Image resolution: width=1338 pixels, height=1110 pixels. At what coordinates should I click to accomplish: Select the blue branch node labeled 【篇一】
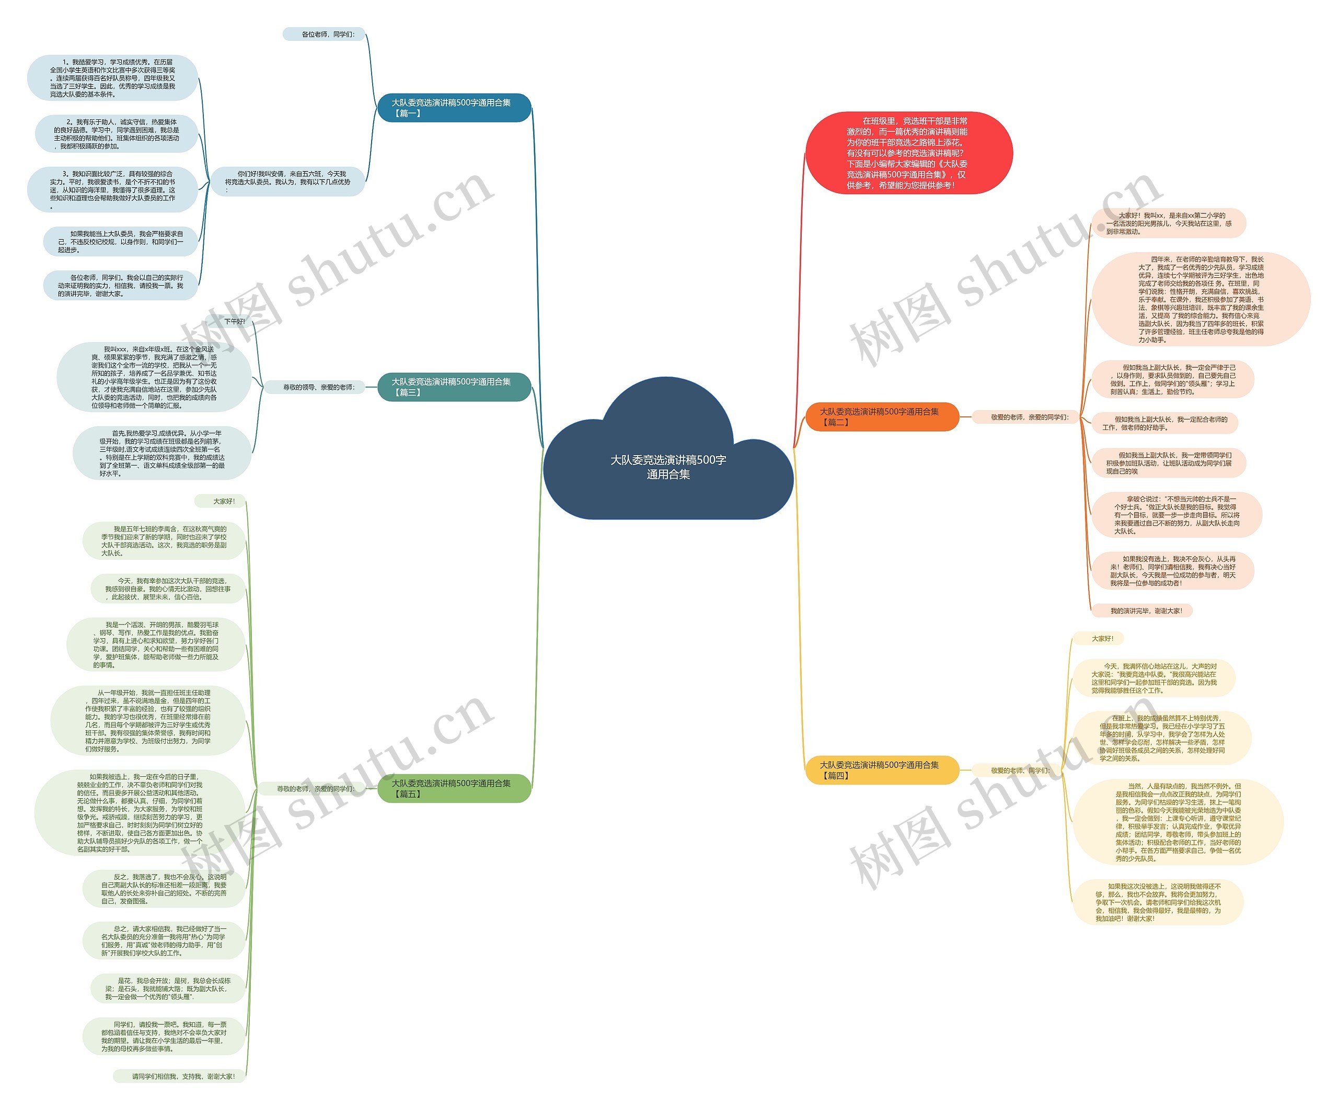(x=454, y=108)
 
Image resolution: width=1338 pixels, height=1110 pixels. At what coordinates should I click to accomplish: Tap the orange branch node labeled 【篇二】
(x=882, y=417)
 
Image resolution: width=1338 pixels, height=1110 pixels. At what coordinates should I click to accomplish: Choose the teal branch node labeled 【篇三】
(x=454, y=387)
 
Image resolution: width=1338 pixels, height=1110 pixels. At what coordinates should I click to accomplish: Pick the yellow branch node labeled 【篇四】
(x=882, y=770)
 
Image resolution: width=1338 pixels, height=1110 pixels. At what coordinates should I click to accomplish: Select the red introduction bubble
(x=908, y=153)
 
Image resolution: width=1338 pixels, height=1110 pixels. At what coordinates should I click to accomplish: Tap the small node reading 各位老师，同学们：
(x=324, y=35)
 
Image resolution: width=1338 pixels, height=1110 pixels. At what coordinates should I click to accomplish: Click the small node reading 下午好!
(x=235, y=321)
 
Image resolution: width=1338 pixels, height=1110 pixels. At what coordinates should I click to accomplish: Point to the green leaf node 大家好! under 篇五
(x=221, y=502)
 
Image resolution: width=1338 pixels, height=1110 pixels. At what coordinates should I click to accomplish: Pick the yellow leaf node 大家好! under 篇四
(x=1102, y=638)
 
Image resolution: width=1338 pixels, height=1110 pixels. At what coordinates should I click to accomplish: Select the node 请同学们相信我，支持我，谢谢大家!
(x=181, y=1076)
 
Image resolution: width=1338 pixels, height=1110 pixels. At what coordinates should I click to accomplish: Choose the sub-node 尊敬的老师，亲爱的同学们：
(x=315, y=789)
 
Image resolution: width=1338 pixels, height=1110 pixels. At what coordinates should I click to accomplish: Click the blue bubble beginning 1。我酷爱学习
(x=112, y=78)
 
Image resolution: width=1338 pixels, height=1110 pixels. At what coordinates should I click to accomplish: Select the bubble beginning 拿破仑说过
(x=1176, y=515)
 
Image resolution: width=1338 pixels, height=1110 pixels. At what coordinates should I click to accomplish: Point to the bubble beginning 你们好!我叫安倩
(x=288, y=182)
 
